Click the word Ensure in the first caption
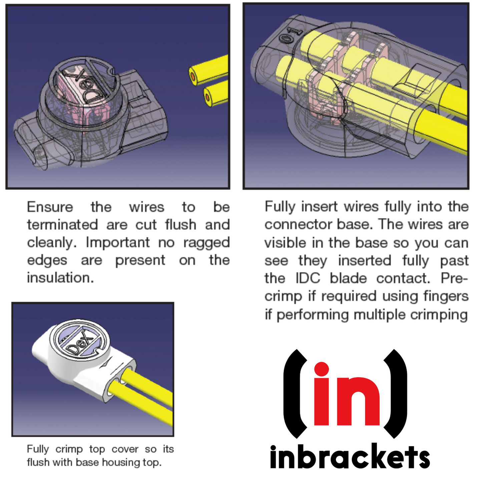pos(50,207)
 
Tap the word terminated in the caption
pos(62,224)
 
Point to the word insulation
pos(60,278)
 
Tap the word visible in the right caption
pos(285,243)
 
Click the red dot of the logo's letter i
pos(322,369)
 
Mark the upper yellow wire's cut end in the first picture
pos(193,75)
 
